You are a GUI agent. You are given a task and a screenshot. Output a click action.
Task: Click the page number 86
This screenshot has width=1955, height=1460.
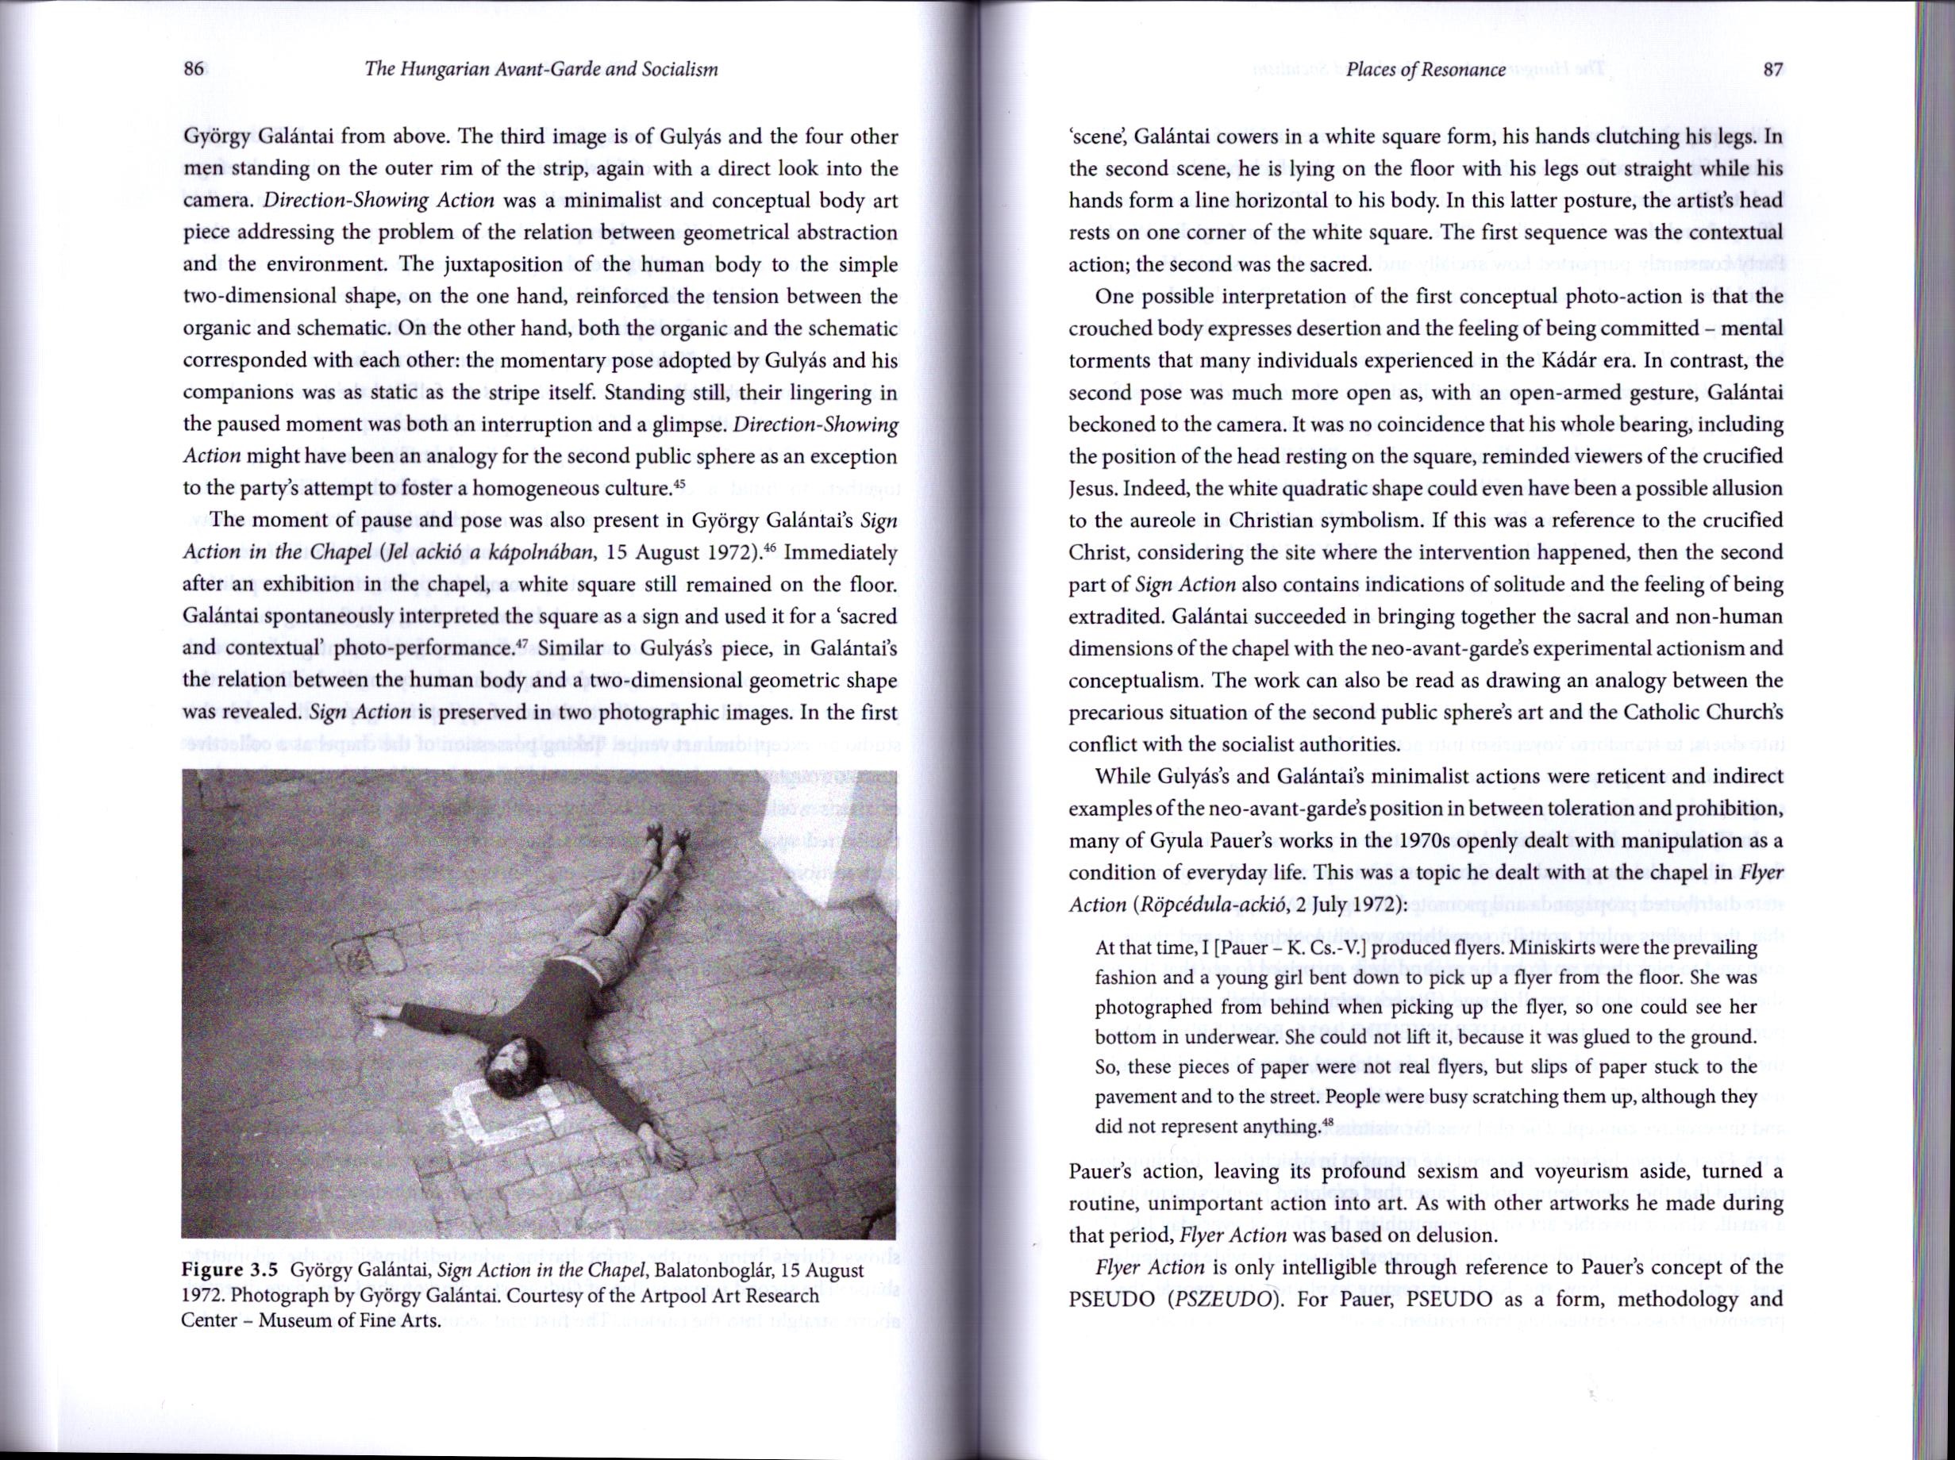(x=194, y=70)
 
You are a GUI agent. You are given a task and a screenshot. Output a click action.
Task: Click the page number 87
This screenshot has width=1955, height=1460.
(x=1772, y=70)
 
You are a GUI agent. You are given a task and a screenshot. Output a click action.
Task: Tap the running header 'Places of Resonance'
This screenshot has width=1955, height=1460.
(x=1426, y=70)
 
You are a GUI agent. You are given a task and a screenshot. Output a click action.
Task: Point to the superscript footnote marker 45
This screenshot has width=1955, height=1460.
(x=679, y=482)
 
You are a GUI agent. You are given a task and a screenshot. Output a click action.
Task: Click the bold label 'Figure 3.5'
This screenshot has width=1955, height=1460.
(x=230, y=1271)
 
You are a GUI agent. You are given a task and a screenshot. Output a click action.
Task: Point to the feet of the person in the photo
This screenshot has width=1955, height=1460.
(x=668, y=840)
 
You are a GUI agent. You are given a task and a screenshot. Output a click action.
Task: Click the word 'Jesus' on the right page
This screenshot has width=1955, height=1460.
(x=1091, y=489)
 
